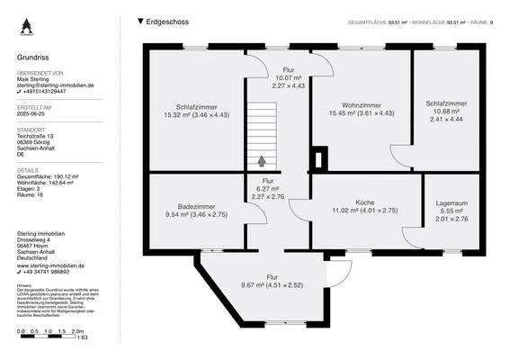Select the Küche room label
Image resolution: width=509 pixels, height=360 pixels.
coord(365,202)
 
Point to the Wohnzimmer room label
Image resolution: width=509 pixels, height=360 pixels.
coord(362,104)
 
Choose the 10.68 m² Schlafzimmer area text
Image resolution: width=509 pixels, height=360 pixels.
coord(447,111)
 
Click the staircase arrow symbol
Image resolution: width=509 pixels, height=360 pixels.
coord(262,161)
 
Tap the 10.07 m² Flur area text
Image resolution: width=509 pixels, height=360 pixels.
coord(288,77)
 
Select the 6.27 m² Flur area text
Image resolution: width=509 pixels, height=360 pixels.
coord(267,188)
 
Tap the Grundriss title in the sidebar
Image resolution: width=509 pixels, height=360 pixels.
coord(32,57)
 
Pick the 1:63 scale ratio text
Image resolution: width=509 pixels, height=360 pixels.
coord(81,338)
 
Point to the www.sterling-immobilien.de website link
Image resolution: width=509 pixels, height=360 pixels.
coord(50,265)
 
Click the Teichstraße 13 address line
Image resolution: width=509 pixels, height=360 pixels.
coord(37,136)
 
